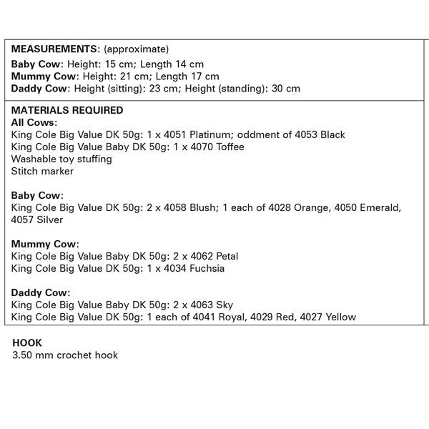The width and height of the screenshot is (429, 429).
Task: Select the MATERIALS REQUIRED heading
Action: pyautogui.click(x=67, y=110)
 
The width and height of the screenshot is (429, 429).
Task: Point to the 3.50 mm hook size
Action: pyautogui.click(x=31, y=355)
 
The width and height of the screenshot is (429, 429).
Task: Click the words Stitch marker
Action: pyautogui.click(x=42, y=171)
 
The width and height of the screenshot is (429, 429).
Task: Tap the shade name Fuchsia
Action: pyautogui.click(x=207, y=268)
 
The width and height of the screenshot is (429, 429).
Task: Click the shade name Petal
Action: pyautogui.click(x=220, y=256)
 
